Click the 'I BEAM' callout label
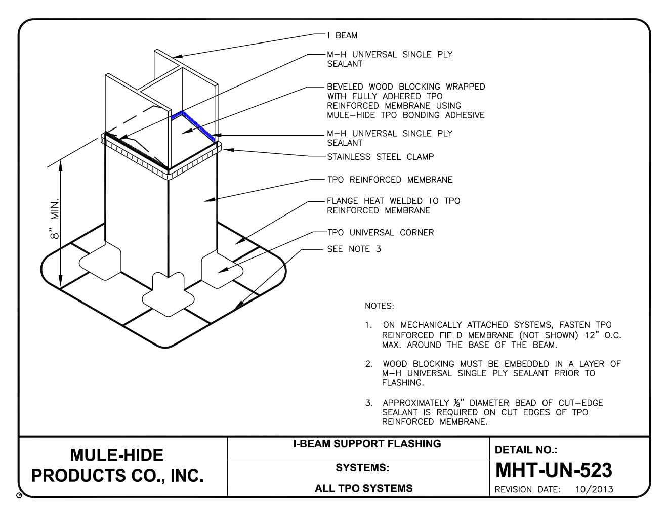coord(342,35)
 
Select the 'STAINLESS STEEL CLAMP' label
coord(380,157)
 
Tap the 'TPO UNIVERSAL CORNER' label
coord(380,233)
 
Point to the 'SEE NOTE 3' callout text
coord(354,249)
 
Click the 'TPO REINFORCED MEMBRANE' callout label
coord(390,180)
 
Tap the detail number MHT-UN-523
coord(553,470)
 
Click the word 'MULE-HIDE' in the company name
coord(117,455)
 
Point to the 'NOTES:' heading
coord(379,306)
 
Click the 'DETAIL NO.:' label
coord(525,450)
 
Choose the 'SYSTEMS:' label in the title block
coord(362,468)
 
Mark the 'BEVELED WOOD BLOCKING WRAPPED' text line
coord(406,87)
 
